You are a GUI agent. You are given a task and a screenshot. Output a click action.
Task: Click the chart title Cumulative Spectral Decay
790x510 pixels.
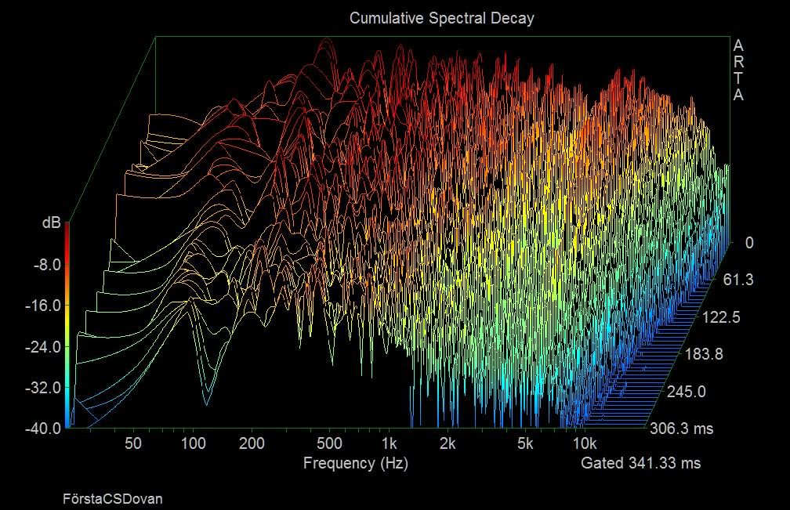441,18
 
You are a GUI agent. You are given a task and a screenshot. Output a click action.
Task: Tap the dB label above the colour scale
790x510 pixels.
52,222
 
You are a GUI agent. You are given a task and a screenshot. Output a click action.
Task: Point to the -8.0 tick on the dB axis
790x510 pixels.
46,264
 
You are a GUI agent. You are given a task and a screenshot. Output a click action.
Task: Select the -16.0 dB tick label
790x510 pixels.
43,306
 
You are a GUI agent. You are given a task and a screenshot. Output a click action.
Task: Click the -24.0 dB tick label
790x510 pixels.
43,347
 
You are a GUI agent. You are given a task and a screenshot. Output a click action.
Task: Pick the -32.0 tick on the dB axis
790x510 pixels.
43,388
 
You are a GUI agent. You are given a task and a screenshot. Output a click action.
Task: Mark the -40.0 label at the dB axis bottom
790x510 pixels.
43,429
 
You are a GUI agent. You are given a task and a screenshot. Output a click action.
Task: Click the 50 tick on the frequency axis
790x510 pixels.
133,443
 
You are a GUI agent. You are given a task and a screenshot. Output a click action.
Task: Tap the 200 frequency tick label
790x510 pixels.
252,443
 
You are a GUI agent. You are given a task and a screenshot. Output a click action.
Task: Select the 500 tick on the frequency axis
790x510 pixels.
329,443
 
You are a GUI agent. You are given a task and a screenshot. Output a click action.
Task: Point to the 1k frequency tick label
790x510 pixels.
389,443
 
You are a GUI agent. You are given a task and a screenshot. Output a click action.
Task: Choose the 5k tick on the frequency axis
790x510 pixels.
525,443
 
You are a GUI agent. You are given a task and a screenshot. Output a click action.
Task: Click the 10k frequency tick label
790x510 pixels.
585,443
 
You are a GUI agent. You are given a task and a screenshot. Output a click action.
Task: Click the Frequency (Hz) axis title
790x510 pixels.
356,463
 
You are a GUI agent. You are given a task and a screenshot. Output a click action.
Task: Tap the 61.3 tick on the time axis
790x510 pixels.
738,280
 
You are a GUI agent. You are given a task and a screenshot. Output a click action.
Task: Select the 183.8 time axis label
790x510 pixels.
705,354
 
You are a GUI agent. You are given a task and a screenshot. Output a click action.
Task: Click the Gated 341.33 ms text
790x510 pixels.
641,463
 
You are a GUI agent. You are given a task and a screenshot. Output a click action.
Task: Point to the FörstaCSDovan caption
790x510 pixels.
113,499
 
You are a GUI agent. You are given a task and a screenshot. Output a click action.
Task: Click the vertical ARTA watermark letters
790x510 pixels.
738,71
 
